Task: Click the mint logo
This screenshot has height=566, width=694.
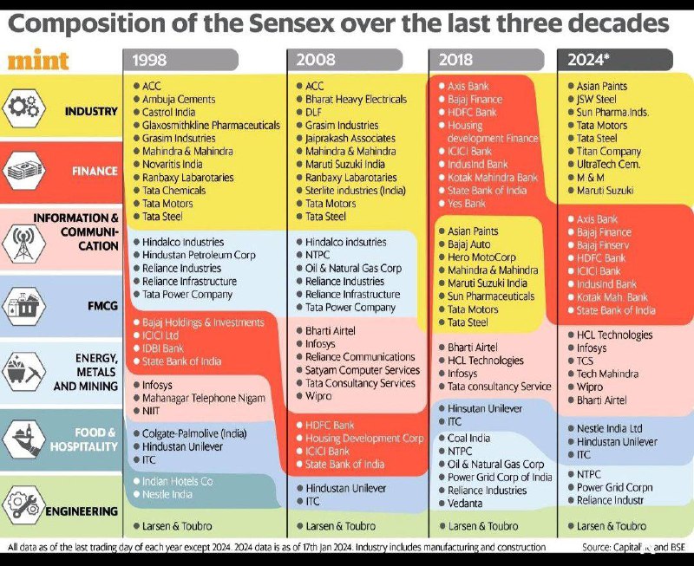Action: (x=38, y=60)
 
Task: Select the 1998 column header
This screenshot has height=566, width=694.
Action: (x=180, y=60)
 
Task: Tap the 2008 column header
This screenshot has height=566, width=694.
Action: (x=344, y=60)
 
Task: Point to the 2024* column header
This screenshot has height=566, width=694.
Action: (x=615, y=60)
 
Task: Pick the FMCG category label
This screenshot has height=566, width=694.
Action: (x=102, y=306)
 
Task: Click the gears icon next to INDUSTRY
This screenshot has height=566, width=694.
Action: (x=24, y=107)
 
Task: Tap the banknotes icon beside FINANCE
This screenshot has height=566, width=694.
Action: (x=24, y=171)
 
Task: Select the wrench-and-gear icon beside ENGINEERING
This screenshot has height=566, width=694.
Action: (x=24, y=505)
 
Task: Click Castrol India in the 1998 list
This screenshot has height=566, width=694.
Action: (x=168, y=113)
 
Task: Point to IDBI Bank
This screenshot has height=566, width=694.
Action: (x=162, y=348)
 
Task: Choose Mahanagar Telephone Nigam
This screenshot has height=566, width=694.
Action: (x=204, y=398)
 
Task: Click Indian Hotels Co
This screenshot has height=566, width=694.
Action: (x=178, y=481)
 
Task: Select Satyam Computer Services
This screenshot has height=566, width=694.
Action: (x=363, y=370)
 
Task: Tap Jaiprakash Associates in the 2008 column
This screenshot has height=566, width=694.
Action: (x=350, y=139)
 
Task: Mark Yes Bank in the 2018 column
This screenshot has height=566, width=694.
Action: (x=467, y=204)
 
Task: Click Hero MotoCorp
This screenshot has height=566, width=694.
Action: (x=481, y=257)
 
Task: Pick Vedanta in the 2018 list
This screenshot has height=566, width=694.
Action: (x=465, y=504)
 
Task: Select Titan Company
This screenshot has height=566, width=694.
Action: (x=609, y=152)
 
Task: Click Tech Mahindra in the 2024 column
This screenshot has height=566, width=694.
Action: (x=607, y=374)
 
